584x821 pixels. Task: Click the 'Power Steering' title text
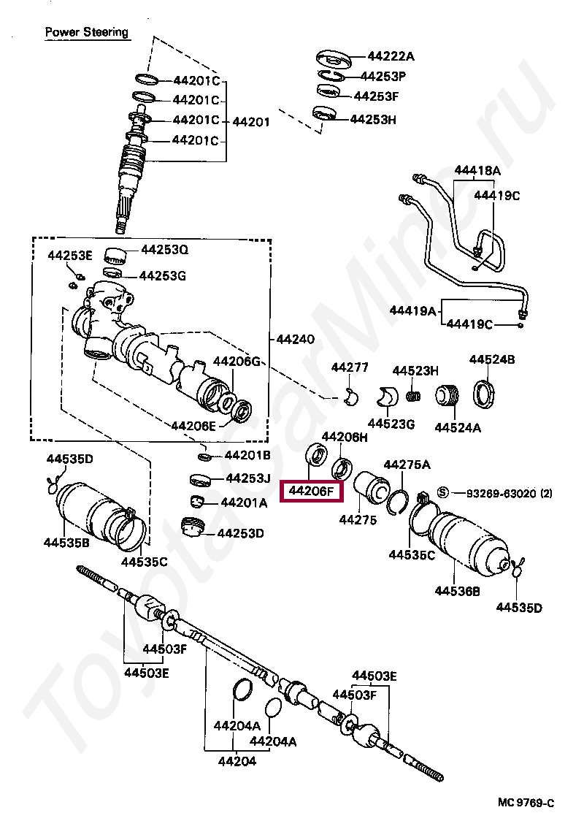(86, 32)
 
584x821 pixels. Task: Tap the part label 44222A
(391, 56)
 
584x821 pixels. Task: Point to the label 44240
(295, 339)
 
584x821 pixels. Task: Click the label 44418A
(477, 171)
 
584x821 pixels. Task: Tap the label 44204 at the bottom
(237, 761)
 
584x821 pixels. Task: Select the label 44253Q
(164, 250)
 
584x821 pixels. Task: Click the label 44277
(350, 367)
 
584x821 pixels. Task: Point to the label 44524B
(492, 359)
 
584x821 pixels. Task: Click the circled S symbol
(443, 493)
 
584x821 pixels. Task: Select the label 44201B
(247, 456)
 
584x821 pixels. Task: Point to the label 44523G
(391, 424)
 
